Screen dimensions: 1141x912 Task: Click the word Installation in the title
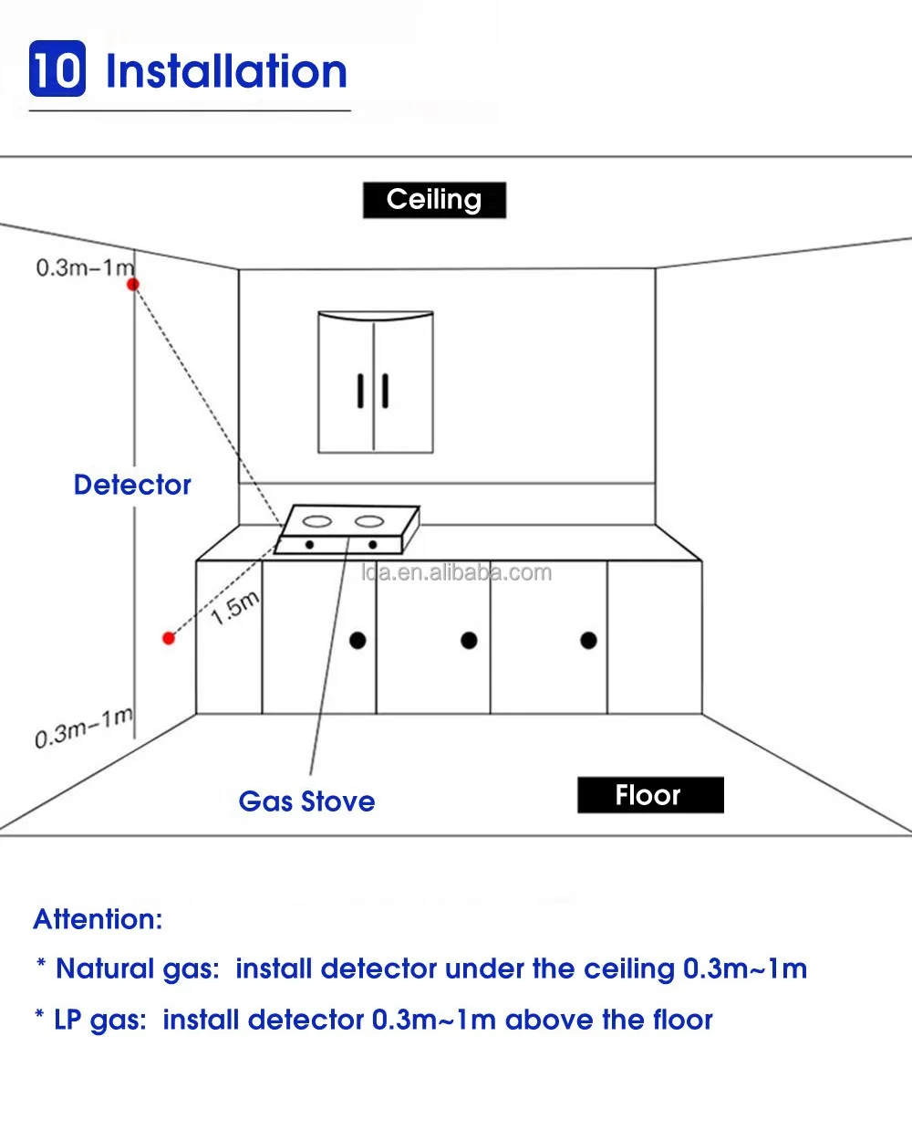226,71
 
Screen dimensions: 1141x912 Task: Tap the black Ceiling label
434,200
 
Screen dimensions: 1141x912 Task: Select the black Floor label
649,795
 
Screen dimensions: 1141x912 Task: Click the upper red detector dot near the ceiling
133,285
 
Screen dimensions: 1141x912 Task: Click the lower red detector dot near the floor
168,638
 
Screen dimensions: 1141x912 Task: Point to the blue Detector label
132,485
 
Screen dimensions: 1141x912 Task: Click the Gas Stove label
306,801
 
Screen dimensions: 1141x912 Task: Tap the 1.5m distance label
235,607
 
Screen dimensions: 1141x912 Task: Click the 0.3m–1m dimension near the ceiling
84,267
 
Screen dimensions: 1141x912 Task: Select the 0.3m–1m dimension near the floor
84,728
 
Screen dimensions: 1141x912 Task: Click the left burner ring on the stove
316,523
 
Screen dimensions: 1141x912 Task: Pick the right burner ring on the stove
368,522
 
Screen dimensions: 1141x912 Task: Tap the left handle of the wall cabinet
361,391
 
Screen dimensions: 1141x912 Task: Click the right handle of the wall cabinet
386,391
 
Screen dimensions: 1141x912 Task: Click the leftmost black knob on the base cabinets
358,640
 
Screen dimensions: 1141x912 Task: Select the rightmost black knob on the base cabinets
588,640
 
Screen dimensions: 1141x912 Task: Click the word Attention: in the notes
98,919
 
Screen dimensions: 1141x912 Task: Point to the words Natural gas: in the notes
137,968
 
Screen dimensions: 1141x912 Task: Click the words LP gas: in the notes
100,1020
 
